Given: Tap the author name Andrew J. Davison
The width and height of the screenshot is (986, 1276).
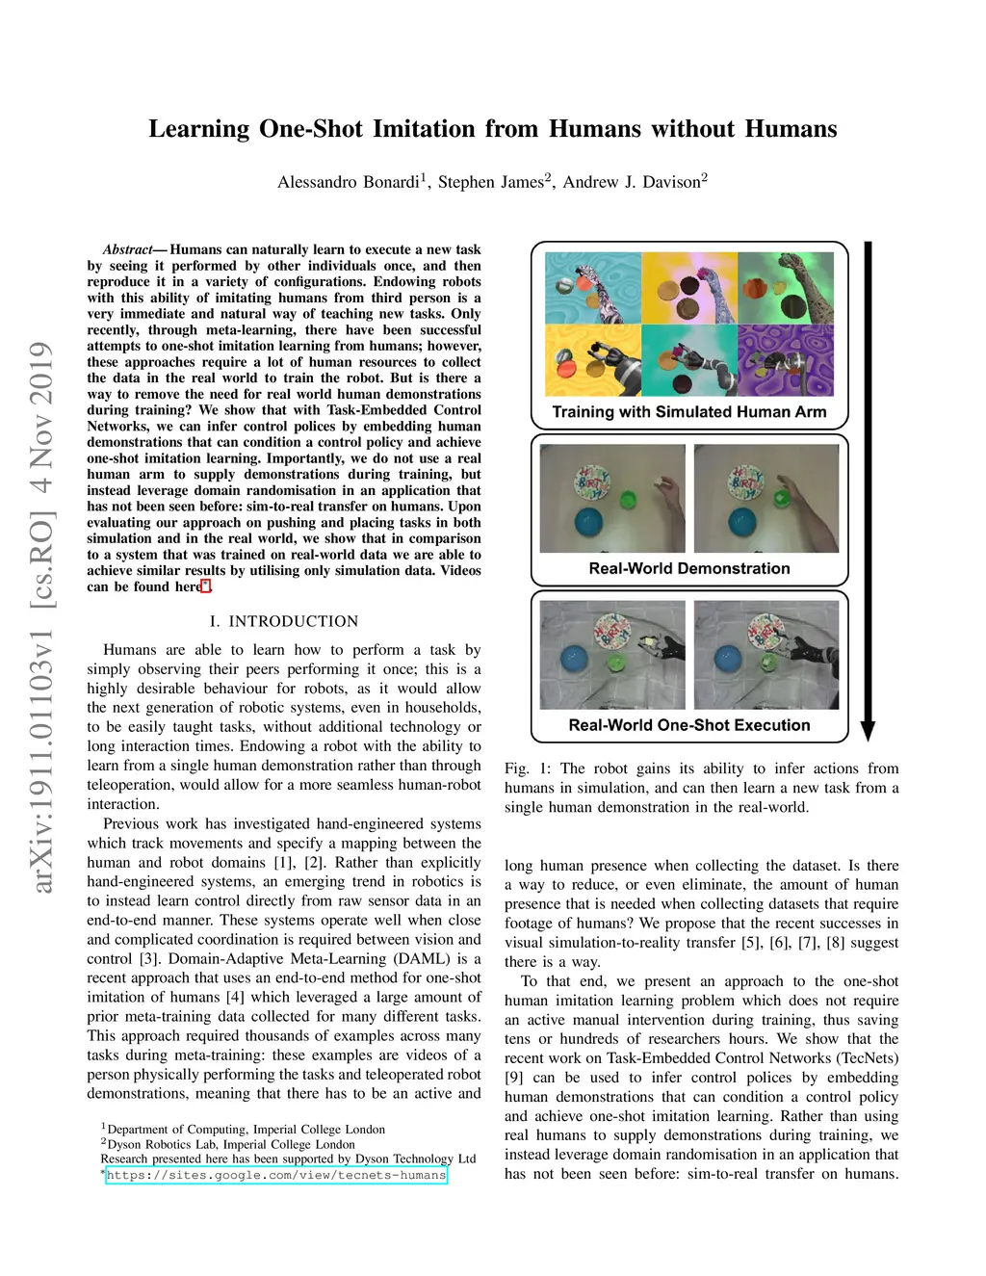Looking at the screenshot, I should (x=632, y=182).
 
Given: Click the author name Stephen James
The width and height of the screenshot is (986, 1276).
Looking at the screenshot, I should (x=491, y=182).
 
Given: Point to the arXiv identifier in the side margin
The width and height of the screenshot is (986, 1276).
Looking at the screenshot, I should (x=40, y=616).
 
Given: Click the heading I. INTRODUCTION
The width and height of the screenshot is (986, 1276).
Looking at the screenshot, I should (x=284, y=621).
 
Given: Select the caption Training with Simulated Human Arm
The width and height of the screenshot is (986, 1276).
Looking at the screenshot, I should (x=689, y=412).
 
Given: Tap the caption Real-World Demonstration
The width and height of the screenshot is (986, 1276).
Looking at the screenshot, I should (x=689, y=568).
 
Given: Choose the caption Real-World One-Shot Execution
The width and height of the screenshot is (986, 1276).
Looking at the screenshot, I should (x=689, y=725).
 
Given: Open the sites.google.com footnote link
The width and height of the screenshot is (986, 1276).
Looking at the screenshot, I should (x=276, y=1175).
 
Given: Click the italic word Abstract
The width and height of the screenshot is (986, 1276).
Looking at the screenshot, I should (x=127, y=249).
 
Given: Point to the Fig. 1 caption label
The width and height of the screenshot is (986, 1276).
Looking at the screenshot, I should (x=528, y=768).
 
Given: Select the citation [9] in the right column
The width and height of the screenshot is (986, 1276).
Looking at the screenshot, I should (x=514, y=1078).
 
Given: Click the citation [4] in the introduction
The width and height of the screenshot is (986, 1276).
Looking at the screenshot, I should (x=235, y=997).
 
